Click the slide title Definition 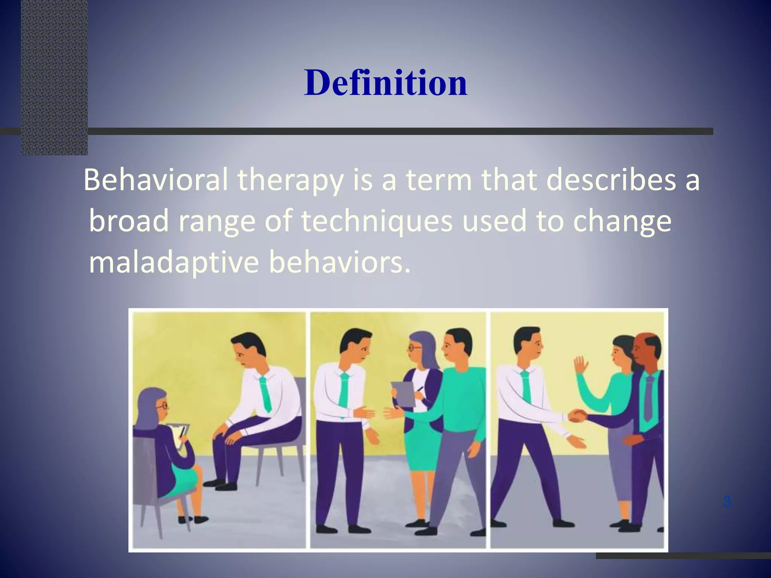385,83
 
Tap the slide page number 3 727,502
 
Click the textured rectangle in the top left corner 54,75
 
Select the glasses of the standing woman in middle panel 415,348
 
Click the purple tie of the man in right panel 648,397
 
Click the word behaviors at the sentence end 339,263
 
